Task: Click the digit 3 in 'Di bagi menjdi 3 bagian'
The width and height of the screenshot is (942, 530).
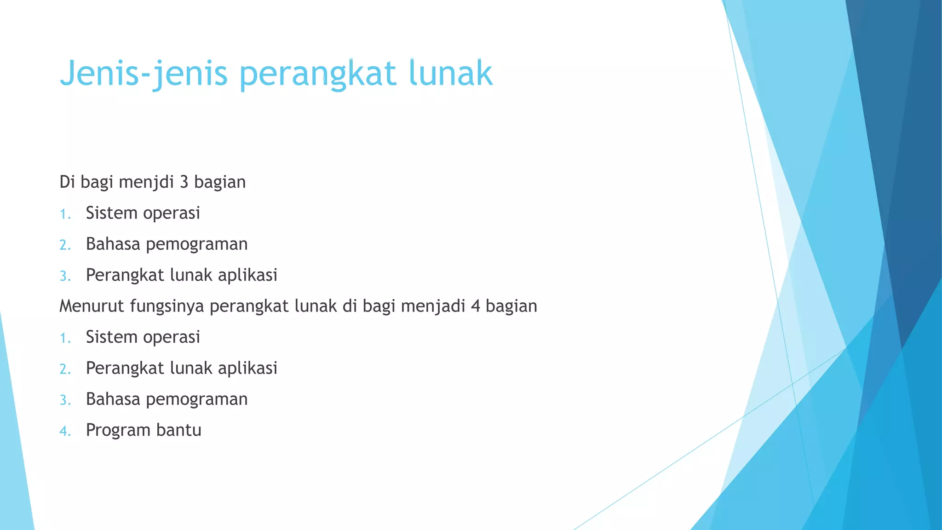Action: click(184, 182)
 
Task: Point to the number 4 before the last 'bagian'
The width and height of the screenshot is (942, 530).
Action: click(475, 306)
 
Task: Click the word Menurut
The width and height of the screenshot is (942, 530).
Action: click(92, 306)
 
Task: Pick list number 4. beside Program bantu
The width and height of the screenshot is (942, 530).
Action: click(65, 431)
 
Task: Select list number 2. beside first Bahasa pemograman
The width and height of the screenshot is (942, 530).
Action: click(65, 245)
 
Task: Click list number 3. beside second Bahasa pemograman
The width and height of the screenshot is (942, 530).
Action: click(65, 400)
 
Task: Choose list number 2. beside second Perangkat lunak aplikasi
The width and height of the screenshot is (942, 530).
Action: click(65, 369)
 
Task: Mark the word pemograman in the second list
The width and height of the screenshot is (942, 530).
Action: click(196, 400)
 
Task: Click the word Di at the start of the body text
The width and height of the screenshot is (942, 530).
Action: click(67, 182)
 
